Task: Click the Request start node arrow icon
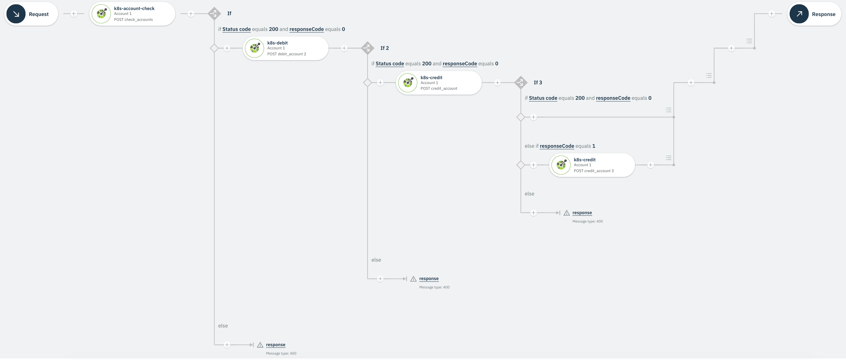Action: pyautogui.click(x=16, y=14)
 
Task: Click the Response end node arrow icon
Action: pyautogui.click(x=799, y=14)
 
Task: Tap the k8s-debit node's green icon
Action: pyautogui.click(x=255, y=48)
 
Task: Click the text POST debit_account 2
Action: pyautogui.click(x=286, y=54)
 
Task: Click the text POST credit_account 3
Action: pyautogui.click(x=594, y=171)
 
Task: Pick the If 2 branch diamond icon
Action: pyautogui.click(x=367, y=48)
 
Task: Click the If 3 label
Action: pyautogui.click(x=538, y=82)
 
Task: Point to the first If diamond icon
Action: pyautogui.click(x=214, y=14)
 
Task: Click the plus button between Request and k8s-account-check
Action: pyautogui.click(x=74, y=14)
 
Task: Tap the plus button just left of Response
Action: pyautogui.click(x=771, y=14)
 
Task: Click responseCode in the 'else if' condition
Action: pyautogui.click(x=557, y=146)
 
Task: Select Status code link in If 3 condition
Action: pyautogui.click(x=543, y=98)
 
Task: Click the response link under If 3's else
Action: pyautogui.click(x=582, y=213)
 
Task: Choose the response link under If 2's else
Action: pyautogui.click(x=429, y=279)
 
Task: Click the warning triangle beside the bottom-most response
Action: pyautogui.click(x=260, y=345)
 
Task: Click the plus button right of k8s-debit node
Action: pyautogui.click(x=344, y=48)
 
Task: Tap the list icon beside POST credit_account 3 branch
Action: pyautogui.click(x=668, y=158)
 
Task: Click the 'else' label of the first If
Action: pyautogui.click(x=223, y=326)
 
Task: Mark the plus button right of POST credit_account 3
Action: pyautogui.click(x=650, y=165)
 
